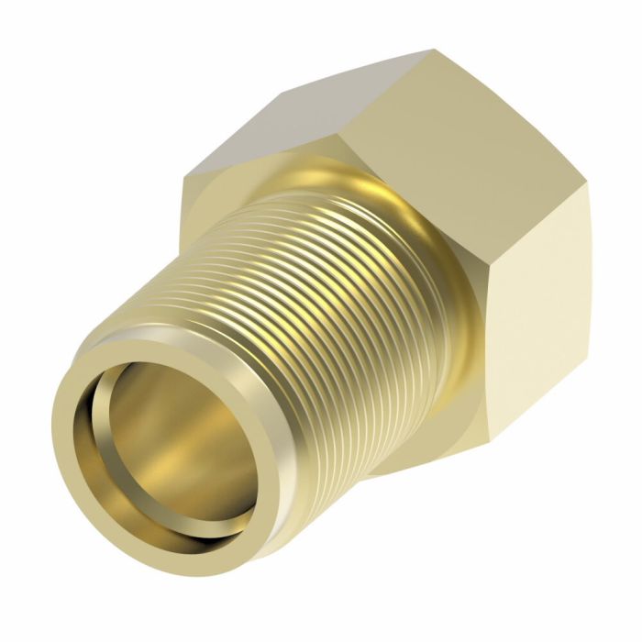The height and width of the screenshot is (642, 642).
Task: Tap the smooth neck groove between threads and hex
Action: pos(440,275)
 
